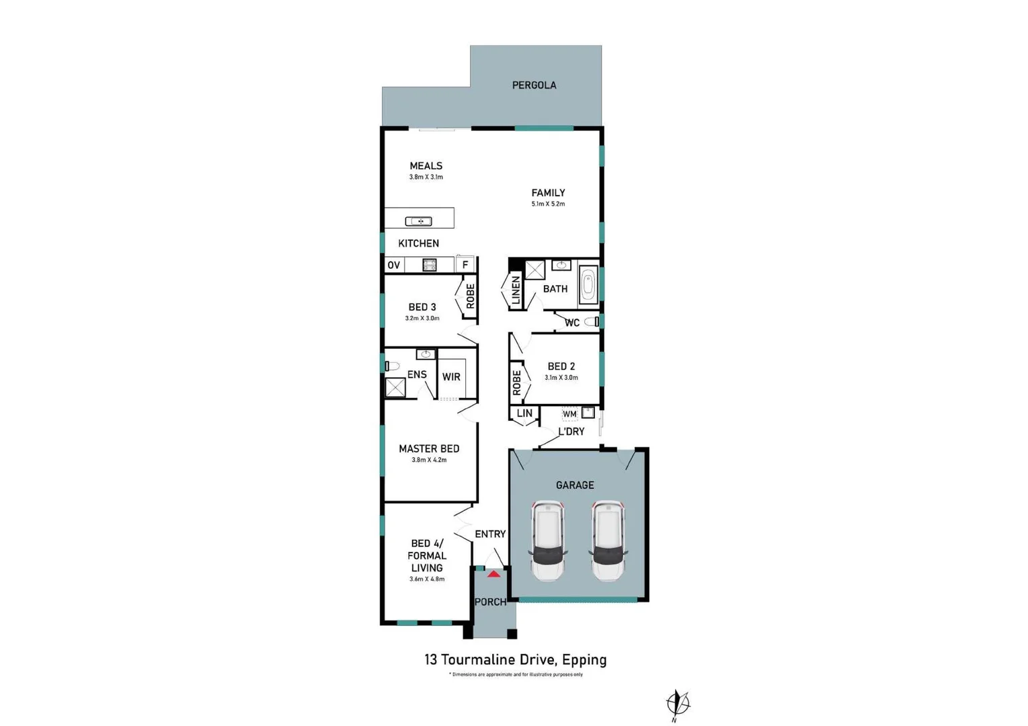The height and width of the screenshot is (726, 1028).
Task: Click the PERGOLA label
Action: tap(534, 85)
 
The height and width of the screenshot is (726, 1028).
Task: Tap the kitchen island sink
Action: tap(418, 221)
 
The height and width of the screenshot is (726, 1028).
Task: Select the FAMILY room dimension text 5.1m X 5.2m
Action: tap(548, 204)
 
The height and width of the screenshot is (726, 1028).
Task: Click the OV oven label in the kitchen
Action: tap(394, 265)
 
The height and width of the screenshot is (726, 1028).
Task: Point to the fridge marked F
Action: tap(465, 265)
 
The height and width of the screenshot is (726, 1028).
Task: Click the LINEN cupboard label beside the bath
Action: tap(516, 290)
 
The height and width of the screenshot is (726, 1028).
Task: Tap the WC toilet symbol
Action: tap(592, 322)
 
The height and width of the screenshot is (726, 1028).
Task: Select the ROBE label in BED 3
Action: tap(470, 296)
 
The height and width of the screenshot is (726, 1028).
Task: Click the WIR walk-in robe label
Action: tap(451, 377)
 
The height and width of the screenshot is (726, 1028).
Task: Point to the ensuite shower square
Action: tap(395, 388)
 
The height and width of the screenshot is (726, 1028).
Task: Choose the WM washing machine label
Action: tap(569, 413)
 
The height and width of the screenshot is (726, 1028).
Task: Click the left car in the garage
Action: tap(549, 540)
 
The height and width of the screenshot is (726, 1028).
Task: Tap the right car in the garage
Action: tap(608, 540)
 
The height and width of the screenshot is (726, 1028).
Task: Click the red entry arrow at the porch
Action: tap(493, 574)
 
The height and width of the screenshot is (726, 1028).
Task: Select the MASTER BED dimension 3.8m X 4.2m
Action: tap(429, 460)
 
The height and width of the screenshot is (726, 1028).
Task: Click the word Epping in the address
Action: tap(584, 660)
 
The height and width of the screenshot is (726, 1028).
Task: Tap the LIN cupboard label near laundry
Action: tap(524, 413)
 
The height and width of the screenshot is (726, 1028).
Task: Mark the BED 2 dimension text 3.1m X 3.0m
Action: tap(561, 378)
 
